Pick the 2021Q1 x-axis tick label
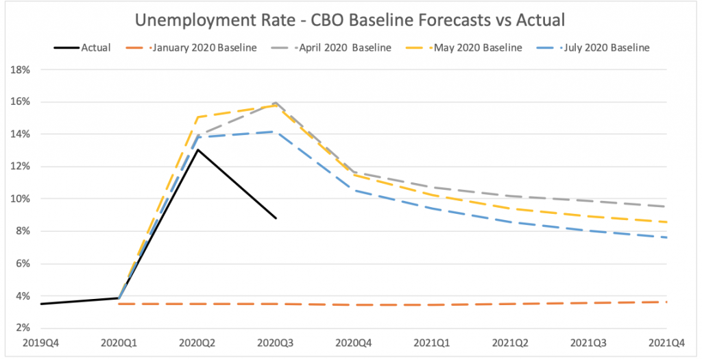click(x=433, y=341)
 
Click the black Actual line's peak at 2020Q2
click(x=198, y=149)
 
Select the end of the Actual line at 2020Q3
click(x=276, y=218)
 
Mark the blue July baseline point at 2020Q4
click(x=354, y=190)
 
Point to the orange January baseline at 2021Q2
click(x=511, y=304)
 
